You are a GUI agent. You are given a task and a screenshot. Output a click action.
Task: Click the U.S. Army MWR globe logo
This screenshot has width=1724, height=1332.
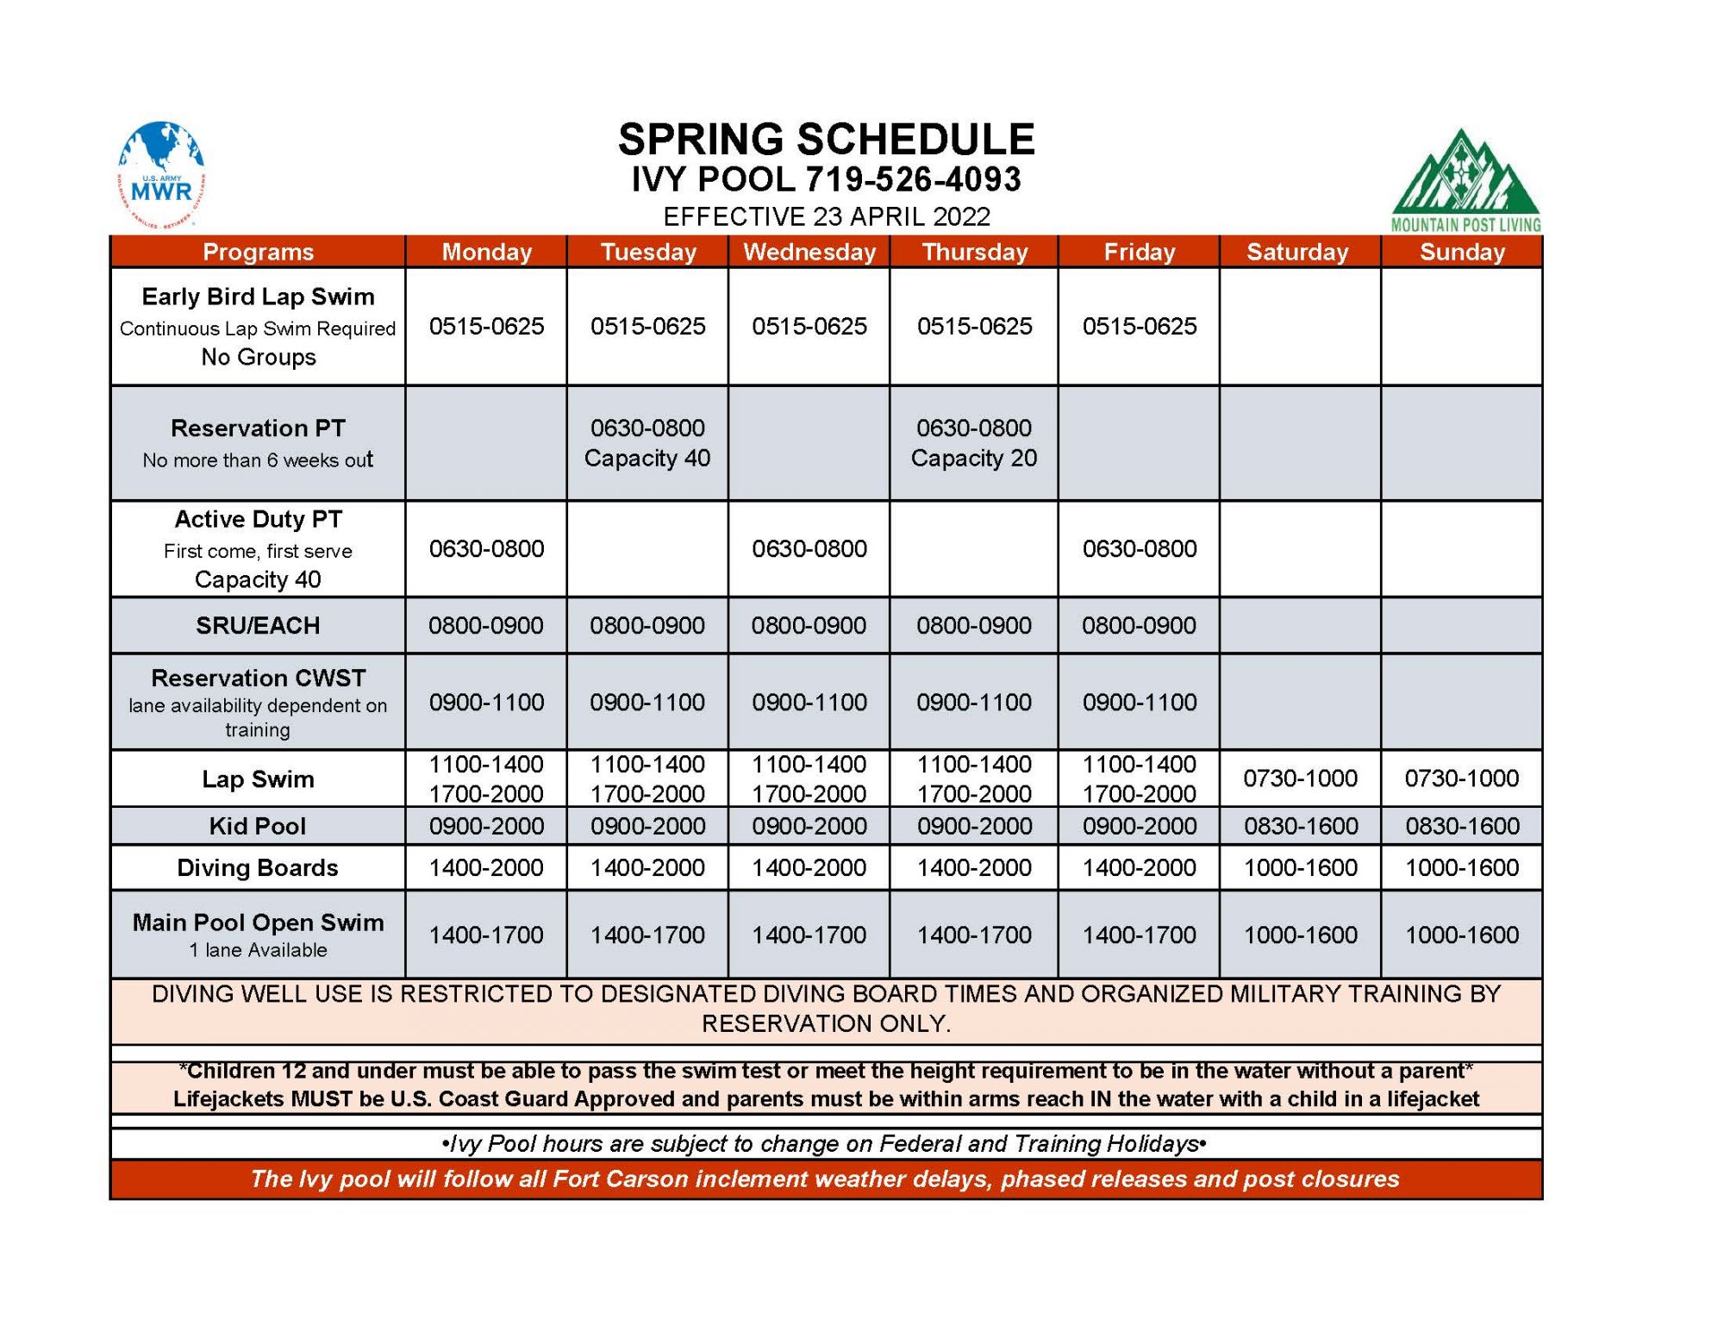point(161,174)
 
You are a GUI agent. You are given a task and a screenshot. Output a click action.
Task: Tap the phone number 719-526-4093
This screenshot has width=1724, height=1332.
point(913,179)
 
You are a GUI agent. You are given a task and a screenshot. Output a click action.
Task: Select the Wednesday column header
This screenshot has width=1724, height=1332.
point(809,252)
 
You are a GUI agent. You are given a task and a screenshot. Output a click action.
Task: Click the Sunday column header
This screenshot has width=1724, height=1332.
point(1461,252)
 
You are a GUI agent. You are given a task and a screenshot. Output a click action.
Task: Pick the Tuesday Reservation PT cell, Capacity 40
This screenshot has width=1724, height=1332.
point(647,443)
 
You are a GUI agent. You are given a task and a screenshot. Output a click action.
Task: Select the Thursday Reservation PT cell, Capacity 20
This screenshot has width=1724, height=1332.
point(973,443)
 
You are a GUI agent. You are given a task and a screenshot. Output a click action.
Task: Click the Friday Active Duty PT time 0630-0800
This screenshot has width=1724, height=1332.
point(1139,548)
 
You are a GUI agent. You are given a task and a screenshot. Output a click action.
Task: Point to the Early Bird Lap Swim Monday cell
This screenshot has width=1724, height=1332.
point(486,326)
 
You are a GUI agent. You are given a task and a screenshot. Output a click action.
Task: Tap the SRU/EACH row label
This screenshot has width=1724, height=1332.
point(257,625)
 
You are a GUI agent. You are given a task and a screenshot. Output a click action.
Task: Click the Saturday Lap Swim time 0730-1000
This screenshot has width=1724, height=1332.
point(1300,779)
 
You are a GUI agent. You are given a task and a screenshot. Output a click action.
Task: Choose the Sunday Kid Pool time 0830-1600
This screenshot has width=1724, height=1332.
point(1461,826)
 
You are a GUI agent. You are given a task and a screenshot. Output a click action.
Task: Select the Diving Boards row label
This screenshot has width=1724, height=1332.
point(257,867)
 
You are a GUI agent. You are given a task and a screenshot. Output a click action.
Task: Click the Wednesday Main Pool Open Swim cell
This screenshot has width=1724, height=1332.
point(809,935)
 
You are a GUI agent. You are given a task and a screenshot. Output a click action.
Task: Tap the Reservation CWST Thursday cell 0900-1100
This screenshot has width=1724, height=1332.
point(973,702)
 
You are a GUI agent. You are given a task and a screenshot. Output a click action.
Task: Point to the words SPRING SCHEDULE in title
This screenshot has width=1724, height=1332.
point(826,140)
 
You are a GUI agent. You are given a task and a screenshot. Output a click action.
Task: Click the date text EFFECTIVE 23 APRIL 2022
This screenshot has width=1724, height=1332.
point(826,216)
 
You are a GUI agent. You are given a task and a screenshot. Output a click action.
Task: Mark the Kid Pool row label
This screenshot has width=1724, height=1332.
point(257,826)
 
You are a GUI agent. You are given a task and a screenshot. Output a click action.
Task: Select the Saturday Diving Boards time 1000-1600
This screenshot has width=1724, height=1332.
point(1300,867)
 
